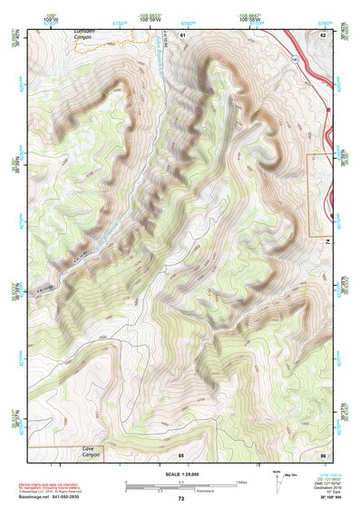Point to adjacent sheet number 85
point(181,454)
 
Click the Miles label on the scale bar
point(240,481)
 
